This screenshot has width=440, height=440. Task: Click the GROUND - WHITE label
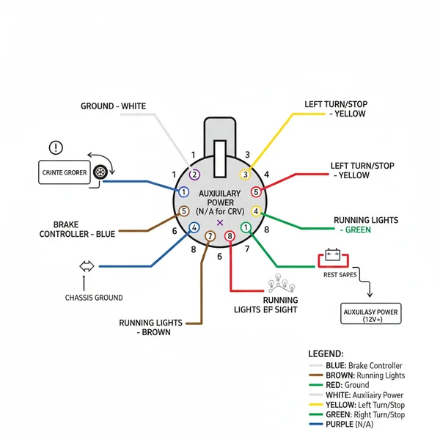(x=113, y=106)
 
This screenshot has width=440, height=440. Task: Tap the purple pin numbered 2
(x=194, y=174)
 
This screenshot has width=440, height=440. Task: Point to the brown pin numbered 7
(x=210, y=236)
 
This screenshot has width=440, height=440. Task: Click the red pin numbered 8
(x=230, y=236)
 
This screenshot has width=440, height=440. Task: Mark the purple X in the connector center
(x=220, y=221)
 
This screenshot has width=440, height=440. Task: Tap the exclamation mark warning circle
(x=56, y=147)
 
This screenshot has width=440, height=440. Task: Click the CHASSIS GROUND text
(x=94, y=298)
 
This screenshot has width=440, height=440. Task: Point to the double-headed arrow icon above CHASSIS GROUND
(x=87, y=266)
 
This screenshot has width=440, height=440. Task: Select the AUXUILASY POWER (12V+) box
(x=370, y=315)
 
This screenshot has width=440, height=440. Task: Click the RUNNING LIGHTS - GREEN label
(x=366, y=224)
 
